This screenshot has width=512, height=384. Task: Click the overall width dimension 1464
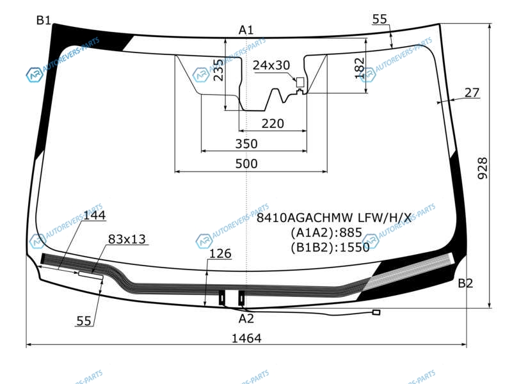tap(246, 339)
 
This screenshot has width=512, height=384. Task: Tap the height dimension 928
tap(483, 168)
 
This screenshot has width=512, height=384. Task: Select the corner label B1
tap(44, 20)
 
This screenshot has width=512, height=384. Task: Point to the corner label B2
tap(465, 283)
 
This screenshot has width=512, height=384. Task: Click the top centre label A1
tap(246, 30)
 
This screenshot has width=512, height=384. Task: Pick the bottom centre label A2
tap(246, 319)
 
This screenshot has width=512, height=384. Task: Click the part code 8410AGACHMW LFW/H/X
tap(333, 218)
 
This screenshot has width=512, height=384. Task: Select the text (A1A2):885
tap(326, 232)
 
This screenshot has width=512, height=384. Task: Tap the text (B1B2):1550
tap(330, 248)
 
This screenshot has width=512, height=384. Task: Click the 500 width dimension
tap(246, 164)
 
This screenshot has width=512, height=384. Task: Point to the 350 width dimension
tap(246, 143)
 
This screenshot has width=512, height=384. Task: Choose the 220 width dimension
tap(273, 124)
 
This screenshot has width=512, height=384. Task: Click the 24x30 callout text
tap(271, 65)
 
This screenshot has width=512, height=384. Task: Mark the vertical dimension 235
tap(218, 70)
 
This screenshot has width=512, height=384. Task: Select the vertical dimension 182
tap(360, 68)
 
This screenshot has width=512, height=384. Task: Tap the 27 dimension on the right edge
tap(472, 93)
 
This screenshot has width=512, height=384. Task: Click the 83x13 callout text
tap(127, 239)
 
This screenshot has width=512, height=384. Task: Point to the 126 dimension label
tap(220, 253)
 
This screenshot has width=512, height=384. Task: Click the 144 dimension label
tap(94, 216)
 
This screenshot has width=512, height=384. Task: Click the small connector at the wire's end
tap(376, 312)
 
